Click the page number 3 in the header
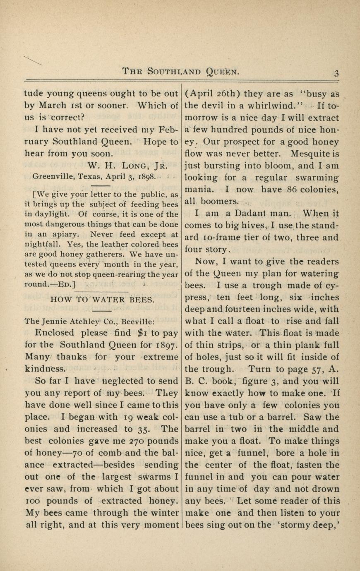click(x=336, y=73)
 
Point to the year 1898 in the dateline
click(x=146, y=176)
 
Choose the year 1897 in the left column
click(x=168, y=345)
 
